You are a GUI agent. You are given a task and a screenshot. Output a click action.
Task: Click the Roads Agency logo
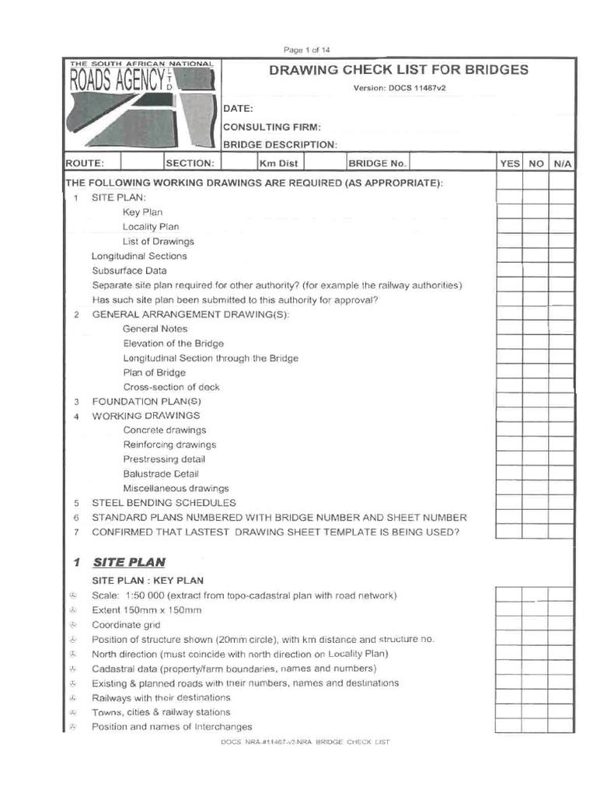click(141, 105)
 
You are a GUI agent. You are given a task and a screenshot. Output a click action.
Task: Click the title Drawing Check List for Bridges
click(398, 70)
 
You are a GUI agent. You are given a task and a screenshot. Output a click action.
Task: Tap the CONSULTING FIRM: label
click(271, 127)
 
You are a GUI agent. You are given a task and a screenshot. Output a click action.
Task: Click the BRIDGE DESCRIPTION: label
click(280, 145)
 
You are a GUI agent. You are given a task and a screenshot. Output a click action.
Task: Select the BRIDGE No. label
click(377, 163)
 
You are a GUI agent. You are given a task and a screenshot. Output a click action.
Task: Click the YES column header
click(509, 163)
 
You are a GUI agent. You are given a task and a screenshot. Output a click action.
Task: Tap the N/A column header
click(561, 163)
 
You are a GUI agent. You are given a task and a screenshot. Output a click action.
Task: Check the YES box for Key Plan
click(509, 212)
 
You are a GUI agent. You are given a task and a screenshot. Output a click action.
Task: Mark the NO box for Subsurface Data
click(535, 271)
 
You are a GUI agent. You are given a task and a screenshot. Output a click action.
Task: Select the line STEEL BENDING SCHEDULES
click(163, 503)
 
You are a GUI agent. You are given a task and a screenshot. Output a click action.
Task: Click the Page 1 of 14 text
click(307, 50)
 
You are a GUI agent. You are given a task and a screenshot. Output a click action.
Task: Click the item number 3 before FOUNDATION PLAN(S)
click(76, 402)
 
